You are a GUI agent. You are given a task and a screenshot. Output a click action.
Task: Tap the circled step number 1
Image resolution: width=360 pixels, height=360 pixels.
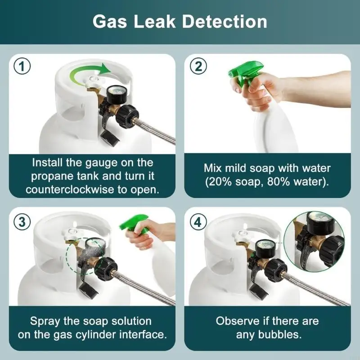[22, 66]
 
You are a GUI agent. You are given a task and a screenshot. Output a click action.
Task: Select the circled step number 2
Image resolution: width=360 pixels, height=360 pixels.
[198, 66]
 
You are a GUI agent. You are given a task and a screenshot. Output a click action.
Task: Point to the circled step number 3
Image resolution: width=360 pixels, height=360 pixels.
[22, 222]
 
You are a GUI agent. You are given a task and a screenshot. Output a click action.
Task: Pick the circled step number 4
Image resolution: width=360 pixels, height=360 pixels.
[198, 222]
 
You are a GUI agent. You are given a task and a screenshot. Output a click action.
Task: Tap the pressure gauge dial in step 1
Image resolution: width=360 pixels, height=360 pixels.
[116, 94]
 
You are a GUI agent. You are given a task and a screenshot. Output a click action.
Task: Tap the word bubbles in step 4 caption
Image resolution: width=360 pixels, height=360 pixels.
[279, 334]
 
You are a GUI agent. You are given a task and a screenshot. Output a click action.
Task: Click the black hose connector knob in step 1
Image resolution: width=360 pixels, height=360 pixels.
[127, 116]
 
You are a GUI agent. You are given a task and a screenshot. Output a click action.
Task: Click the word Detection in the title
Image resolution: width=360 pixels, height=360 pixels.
[225, 22]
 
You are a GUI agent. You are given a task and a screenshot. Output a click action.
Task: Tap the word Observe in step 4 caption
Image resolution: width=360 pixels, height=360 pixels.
[238, 321]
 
